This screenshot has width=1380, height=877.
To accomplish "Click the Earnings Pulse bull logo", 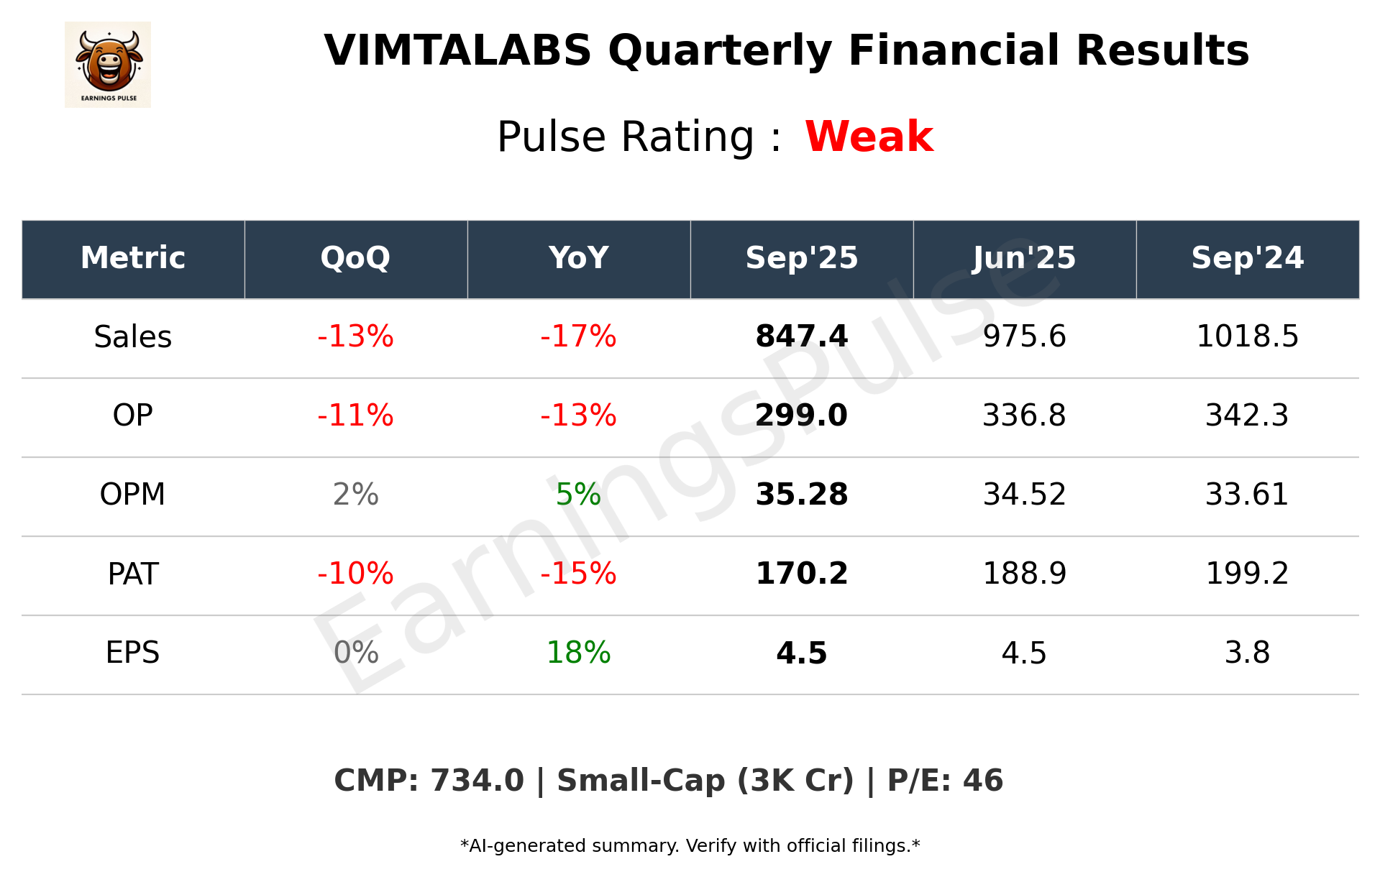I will pyautogui.click(x=108, y=64).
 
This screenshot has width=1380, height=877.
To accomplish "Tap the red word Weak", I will pyautogui.click(x=869, y=137).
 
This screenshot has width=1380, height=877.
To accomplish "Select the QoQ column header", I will pyautogui.click(x=355, y=258).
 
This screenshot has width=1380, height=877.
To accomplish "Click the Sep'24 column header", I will pyautogui.click(x=1247, y=258).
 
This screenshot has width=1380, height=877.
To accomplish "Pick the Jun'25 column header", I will pyautogui.click(x=1024, y=258).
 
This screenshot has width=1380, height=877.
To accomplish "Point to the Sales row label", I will pyautogui.click(x=133, y=336).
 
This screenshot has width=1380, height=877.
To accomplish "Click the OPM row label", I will pyautogui.click(x=133, y=495).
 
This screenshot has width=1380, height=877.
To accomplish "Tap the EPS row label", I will pyautogui.click(x=133, y=653).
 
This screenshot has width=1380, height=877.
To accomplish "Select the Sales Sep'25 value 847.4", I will pyautogui.click(x=801, y=336).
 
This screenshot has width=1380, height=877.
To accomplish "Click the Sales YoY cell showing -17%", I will pyautogui.click(x=578, y=336).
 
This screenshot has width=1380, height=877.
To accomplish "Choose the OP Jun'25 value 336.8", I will pyautogui.click(x=1024, y=415).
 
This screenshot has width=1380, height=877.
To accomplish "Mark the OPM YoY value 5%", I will pyautogui.click(x=578, y=495).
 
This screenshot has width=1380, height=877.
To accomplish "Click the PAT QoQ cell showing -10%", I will pyautogui.click(x=355, y=574).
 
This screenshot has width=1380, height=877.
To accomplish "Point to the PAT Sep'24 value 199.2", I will pyautogui.click(x=1247, y=574).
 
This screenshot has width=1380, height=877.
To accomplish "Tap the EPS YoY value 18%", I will pyautogui.click(x=578, y=653).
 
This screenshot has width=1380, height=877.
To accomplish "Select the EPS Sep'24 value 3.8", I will pyautogui.click(x=1247, y=653).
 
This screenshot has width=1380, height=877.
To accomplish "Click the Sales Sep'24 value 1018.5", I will pyautogui.click(x=1247, y=336).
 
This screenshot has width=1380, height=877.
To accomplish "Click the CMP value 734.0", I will pyautogui.click(x=477, y=781).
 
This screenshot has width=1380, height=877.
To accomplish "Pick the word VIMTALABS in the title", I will pyautogui.click(x=457, y=51).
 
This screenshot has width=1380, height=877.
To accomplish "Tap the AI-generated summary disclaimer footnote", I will pyautogui.click(x=690, y=846).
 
